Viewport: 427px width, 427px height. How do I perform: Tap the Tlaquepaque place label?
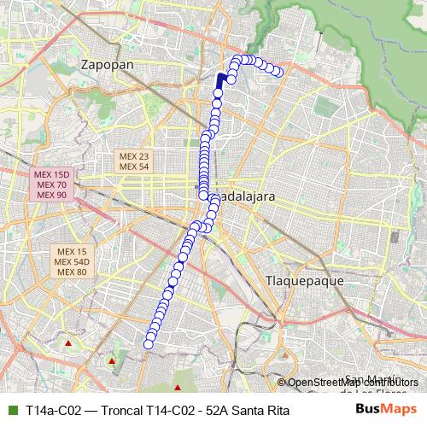[x=304, y=280]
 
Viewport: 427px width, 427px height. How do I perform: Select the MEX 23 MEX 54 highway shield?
[x=134, y=161]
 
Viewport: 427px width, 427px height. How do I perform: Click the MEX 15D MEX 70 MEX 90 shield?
[x=51, y=185]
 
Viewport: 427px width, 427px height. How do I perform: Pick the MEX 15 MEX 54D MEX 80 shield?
[x=71, y=261]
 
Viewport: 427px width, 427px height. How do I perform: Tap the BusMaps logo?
[x=383, y=410]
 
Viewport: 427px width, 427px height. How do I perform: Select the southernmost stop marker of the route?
[x=149, y=344]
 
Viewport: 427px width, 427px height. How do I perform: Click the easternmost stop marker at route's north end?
[x=278, y=72]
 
